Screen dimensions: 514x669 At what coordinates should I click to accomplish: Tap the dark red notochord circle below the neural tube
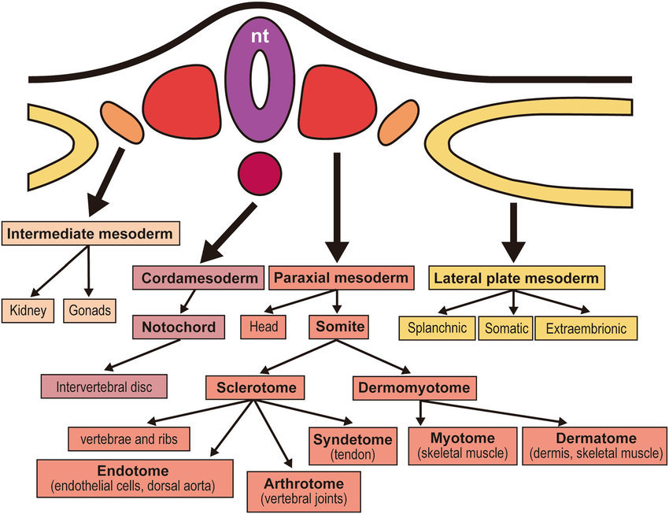pos(259,172)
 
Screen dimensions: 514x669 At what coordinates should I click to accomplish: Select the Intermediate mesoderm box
pos(92,234)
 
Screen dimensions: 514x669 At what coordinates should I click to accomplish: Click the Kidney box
pos(28,310)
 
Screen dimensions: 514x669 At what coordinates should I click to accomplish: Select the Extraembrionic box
pos(586,328)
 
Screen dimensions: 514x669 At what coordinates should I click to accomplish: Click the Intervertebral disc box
pos(104,386)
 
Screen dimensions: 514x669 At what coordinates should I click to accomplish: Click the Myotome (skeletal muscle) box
pos(463,445)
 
